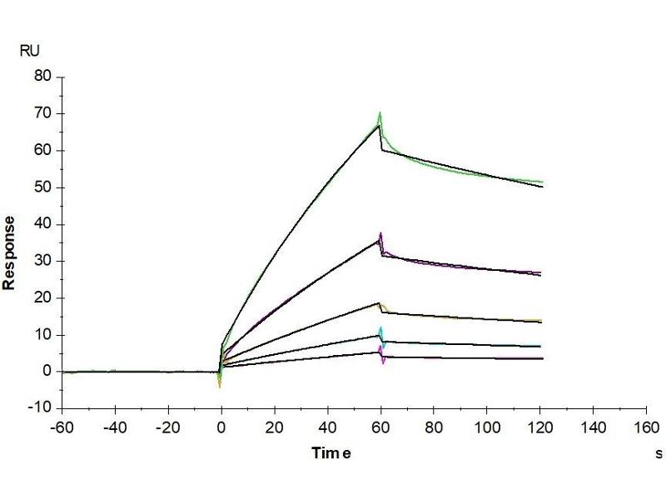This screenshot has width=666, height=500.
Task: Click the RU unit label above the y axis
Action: (x=29, y=51)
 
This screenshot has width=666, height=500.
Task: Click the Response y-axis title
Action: (x=10, y=252)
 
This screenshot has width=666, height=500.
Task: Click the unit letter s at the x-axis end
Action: (x=659, y=454)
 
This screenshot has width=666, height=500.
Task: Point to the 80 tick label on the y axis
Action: (x=42, y=77)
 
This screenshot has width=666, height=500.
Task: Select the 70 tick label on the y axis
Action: (x=42, y=113)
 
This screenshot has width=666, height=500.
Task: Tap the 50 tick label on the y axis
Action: (x=42, y=187)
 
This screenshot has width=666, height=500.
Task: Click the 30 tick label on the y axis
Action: (x=42, y=261)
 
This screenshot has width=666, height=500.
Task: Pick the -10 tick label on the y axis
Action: (x=39, y=407)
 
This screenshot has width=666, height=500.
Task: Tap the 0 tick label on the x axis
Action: (x=221, y=427)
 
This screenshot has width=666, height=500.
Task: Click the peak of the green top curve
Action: (x=380, y=112)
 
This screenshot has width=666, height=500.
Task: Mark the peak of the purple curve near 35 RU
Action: (x=380, y=234)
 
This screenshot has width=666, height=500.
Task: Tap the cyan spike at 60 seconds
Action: (x=381, y=330)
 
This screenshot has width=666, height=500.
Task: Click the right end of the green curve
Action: (x=542, y=182)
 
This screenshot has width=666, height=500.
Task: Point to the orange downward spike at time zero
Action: (x=220, y=386)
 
